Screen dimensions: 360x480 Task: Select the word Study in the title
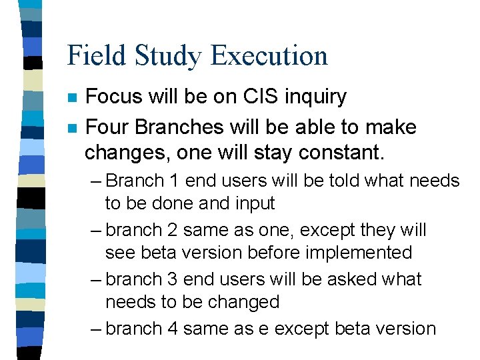(x=163, y=55)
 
